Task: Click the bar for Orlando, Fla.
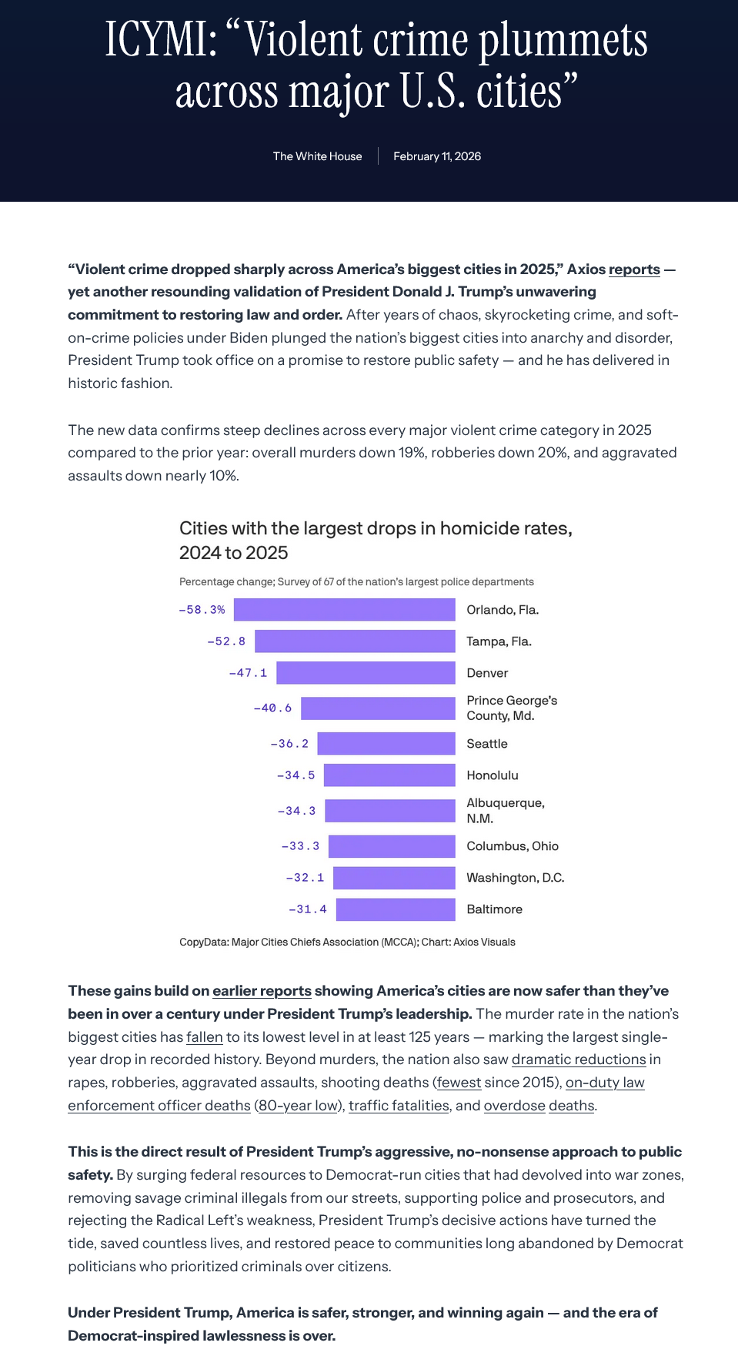[344, 610]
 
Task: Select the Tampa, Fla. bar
[355, 641]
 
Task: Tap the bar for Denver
[366, 673]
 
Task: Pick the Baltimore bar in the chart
[396, 909]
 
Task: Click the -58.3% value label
[202, 610]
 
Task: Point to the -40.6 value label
[272, 708]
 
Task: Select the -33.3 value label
[300, 846]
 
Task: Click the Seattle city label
[487, 744]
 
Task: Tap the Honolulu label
[493, 775]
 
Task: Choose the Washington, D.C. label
[516, 878]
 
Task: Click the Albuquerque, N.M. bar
[390, 811]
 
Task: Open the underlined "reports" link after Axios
[634, 270]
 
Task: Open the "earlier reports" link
[262, 991]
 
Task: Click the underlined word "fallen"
[205, 1037]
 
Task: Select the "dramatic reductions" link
[579, 1060]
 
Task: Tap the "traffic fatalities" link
[399, 1106]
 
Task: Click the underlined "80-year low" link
[299, 1106]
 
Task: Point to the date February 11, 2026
[437, 156]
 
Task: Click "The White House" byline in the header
[317, 156]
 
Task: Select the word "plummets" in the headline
[563, 40]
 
